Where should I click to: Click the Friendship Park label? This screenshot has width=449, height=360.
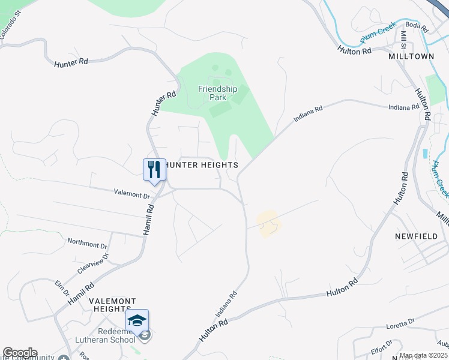(218, 94)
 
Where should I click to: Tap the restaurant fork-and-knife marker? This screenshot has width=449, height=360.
(154, 169)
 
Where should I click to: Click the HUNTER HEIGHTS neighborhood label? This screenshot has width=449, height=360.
(200, 165)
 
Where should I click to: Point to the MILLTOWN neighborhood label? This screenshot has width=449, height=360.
(411, 56)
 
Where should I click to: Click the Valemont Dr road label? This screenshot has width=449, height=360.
(131, 194)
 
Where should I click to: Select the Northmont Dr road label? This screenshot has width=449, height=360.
(87, 244)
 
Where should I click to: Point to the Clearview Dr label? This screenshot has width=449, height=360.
(93, 263)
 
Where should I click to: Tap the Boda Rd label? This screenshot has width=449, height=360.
(416, 26)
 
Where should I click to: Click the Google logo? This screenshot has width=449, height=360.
(19, 353)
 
